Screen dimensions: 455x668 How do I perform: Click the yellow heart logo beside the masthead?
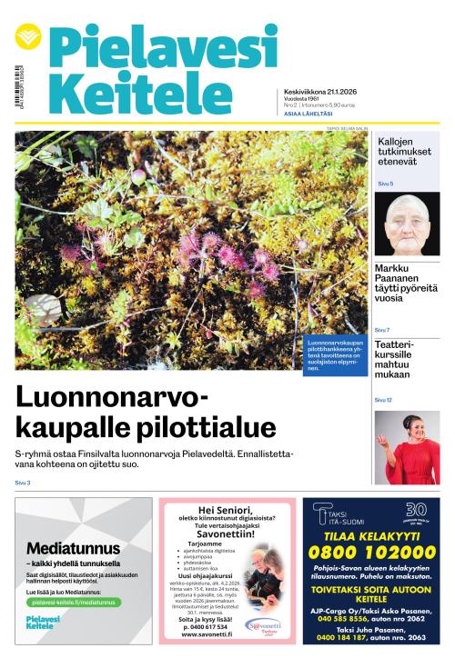click(x=29, y=37)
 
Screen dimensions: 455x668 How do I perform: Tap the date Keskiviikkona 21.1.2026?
click(x=319, y=92)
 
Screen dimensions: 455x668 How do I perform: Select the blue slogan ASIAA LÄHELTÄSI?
click(x=308, y=114)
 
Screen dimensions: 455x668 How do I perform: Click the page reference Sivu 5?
click(x=385, y=184)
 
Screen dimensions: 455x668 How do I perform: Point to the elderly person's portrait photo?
click(x=407, y=224)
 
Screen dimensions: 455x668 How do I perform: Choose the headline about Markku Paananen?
click(x=406, y=281)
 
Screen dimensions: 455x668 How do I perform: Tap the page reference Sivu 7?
click(x=382, y=330)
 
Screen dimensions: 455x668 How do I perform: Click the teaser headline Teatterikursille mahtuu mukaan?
click(x=399, y=360)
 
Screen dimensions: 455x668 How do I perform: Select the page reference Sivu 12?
click(x=383, y=400)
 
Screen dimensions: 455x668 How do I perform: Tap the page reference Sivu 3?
click(x=23, y=483)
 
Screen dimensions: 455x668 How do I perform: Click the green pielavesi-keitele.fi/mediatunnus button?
click(x=73, y=602)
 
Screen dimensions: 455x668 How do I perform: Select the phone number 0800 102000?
click(x=370, y=551)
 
